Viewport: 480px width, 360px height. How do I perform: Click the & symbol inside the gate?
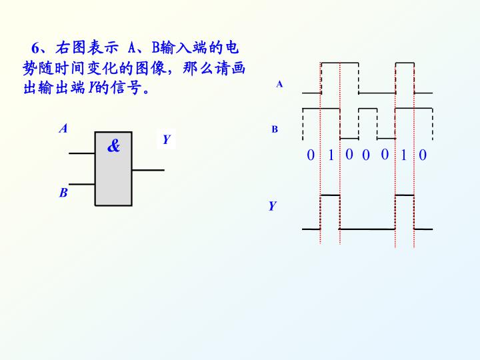pyautogui.click(x=113, y=146)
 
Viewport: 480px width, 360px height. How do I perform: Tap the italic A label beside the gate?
pyautogui.click(x=63, y=128)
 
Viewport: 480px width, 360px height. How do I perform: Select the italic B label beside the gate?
pyautogui.click(x=63, y=193)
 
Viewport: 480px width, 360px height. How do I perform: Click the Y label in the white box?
pyautogui.click(x=166, y=139)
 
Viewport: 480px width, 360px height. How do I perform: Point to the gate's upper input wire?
pyautogui.click(x=82, y=153)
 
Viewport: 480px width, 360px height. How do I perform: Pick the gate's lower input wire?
pyautogui.click(x=82, y=184)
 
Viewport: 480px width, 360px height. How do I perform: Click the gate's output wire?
pyautogui.click(x=148, y=170)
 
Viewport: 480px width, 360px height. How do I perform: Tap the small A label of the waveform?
pyautogui.click(x=279, y=84)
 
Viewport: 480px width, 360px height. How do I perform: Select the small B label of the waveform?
pyautogui.click(x=275, y=129)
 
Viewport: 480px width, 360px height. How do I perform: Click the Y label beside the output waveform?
pyautogui.click(x=272, y=206)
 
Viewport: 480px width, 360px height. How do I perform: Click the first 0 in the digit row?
pyautogui.click(x=311, y=155)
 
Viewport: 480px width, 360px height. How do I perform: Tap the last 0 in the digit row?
pyautogui.click(x=423, y=155)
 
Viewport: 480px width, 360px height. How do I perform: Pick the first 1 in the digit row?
pyautogui.click(x=331, y=155)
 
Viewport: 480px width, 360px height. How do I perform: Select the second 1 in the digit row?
pyautogui.click(x=403, y=155)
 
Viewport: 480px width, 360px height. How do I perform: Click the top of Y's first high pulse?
pyautogui.click(x=330, y=195)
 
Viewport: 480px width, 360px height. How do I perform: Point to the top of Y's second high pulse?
pyautogui.click(x=405, y=195)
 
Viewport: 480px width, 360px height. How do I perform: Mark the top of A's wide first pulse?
pyautogui.click(x=339, y=63)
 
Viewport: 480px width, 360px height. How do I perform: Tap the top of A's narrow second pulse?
pyautogui.click(x=405, y=63)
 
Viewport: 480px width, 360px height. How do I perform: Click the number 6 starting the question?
pyautogui.click(x=35, y=48)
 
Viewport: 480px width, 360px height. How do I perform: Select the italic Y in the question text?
pyautogui.click(x=91, y=88)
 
